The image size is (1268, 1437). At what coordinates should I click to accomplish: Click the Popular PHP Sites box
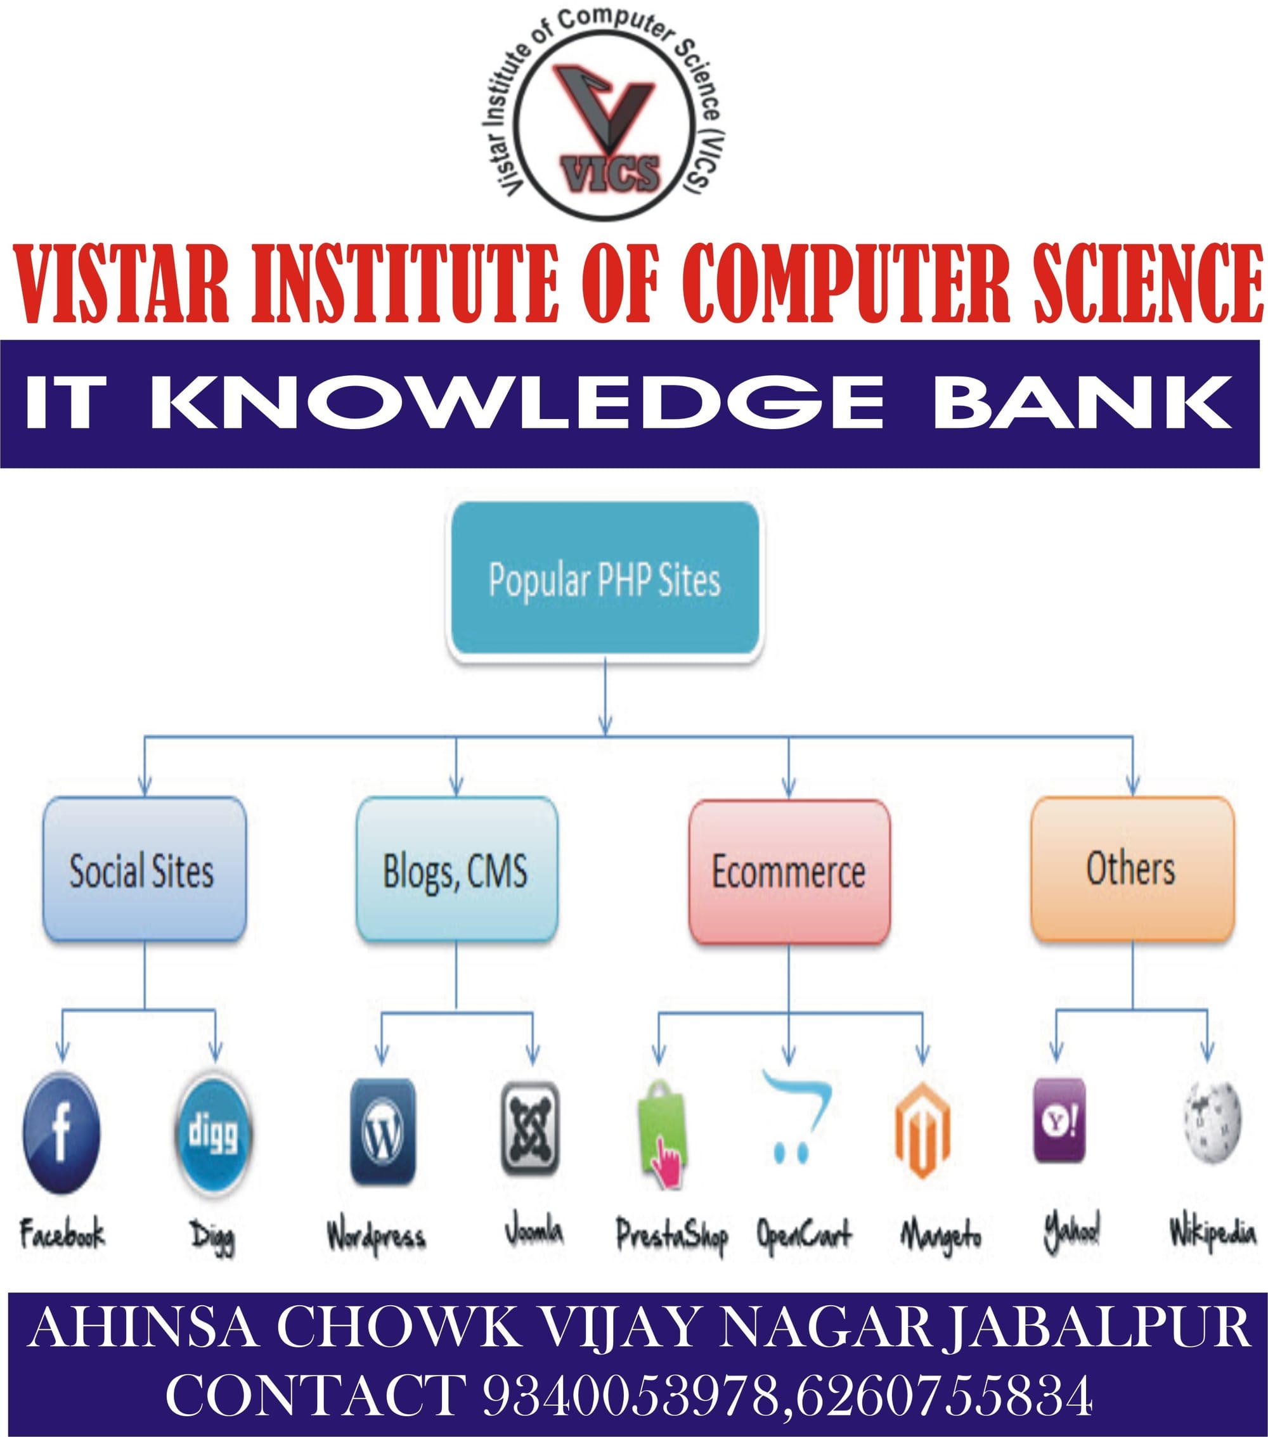click(605, 580)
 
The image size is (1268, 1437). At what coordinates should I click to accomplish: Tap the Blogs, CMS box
click(456, 869)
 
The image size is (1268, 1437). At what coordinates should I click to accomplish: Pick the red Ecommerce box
click(789, 872)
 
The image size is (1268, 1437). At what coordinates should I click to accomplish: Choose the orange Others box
click(1132, 869)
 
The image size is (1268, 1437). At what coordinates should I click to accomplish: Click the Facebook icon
click(61, 1133)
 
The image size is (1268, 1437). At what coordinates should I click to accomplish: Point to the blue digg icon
click(213, 1134)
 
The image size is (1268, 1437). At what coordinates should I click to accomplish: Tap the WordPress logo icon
click(382, 1132)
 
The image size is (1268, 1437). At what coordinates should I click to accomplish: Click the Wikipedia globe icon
click(1212, 1122)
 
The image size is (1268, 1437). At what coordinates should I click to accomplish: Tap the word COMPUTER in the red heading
click(845, 283)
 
